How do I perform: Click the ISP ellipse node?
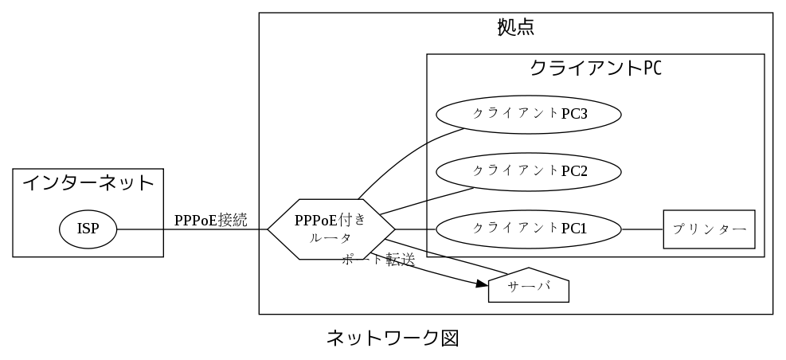[88, 229]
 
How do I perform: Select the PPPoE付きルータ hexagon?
[331, 229]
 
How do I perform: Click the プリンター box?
[709, 229]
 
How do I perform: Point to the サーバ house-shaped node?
[530, 288]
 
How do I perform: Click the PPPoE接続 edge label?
[211, 221]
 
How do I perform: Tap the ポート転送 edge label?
[378, 260]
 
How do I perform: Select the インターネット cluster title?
[88, 183]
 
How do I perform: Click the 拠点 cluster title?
[515, 27]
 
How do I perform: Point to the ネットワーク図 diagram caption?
[393, 338]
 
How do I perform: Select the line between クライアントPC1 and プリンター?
[642, 229]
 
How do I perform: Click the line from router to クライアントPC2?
[426, 201]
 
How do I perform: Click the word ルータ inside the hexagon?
[331, 238]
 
